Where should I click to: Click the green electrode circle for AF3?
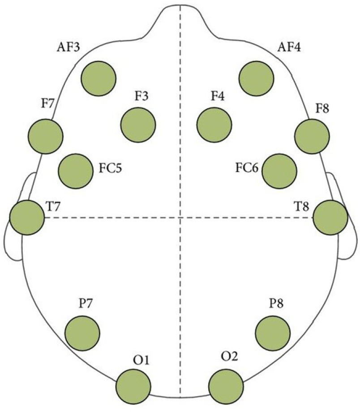pos(99,78)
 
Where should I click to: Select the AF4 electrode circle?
pos(256,78)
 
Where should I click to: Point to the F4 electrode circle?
pos(214,125)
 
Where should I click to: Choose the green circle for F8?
pos(312,136)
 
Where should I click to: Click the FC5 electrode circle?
pos(76,171)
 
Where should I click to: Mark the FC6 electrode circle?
pos(279,171)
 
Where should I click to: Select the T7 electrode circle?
pos(27,217)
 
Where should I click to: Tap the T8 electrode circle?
pos(330,217)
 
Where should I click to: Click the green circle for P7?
pos(82,332)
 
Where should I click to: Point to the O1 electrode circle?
pos(133,386)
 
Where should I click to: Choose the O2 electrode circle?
pos(226,386)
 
